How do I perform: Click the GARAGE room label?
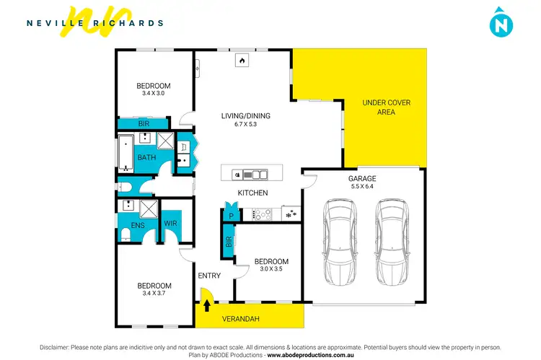361,178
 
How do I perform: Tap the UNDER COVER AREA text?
386,107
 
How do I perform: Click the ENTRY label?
209,276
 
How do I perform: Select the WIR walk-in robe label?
171,223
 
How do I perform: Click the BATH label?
146,157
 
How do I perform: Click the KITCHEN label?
253,193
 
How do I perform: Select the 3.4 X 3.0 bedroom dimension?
154,93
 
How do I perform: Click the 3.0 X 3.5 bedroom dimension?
271,270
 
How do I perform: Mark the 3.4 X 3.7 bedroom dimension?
154,294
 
